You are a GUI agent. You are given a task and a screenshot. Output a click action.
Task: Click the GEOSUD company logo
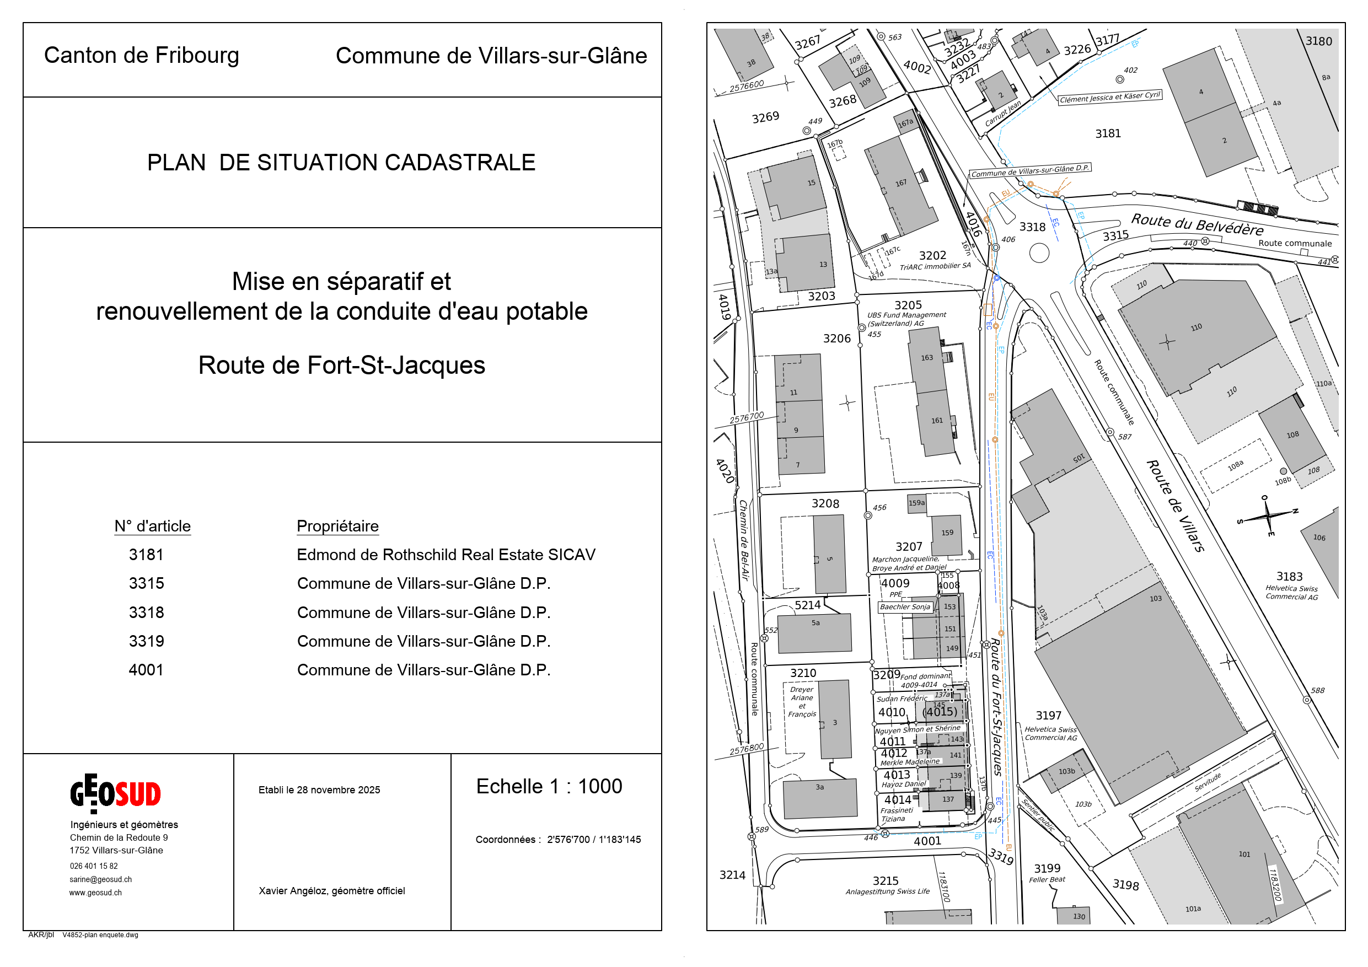(116, 793)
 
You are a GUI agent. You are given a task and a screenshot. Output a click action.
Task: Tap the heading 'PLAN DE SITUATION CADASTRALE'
(341, 163)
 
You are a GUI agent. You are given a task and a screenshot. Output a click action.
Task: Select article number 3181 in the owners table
(146, 555)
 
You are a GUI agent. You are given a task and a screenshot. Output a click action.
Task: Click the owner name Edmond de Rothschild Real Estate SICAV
(446, 555)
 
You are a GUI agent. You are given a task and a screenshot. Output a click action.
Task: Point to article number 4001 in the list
(146, 670)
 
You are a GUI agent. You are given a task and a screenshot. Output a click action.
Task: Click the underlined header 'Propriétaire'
(337, 526)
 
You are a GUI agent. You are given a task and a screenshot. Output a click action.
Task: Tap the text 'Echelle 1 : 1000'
(549, 787)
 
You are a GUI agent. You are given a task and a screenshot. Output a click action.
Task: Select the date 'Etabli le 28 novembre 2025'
(319, 790)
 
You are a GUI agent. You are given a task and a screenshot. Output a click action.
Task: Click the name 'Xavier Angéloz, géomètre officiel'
(331, 891)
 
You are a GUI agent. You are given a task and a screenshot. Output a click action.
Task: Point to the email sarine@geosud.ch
(101, 879)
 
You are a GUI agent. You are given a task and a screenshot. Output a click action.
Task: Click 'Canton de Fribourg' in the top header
(142, 56)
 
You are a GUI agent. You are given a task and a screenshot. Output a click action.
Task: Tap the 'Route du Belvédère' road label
(1197, 224)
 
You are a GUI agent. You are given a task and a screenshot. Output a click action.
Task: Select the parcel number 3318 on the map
(1032, 227)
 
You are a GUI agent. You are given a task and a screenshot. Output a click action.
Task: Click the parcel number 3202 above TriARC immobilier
(932, 256)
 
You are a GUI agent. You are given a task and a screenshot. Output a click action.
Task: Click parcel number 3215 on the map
(886, 880)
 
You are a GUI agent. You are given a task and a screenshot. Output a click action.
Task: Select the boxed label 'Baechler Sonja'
(905, 607)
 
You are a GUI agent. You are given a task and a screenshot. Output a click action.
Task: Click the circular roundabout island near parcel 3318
(1039, 253)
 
